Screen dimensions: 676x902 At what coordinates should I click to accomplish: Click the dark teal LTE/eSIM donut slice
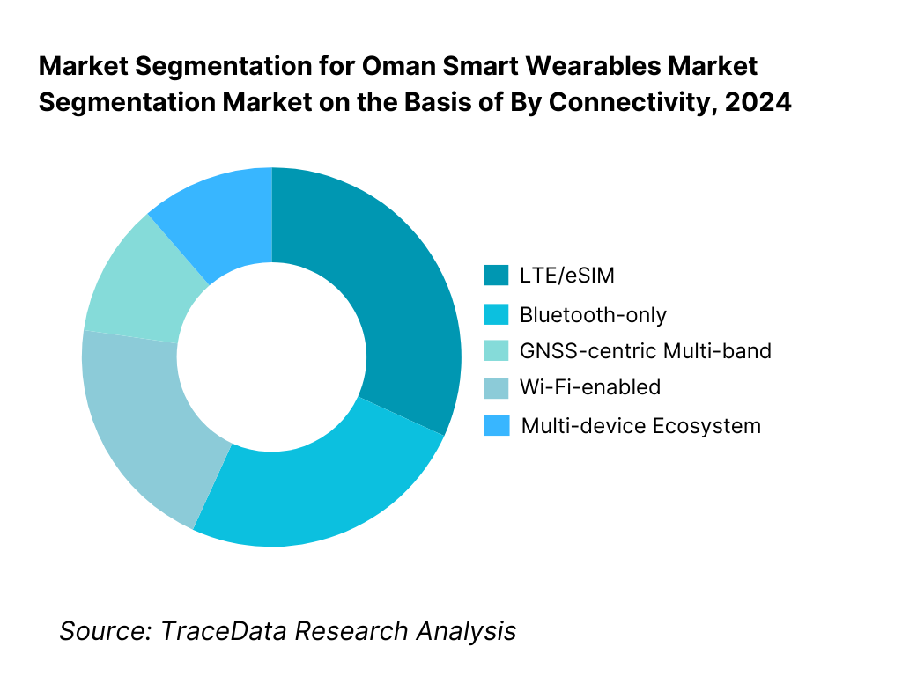pos(396,290)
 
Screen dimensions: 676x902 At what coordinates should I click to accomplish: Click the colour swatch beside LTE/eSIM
pos(496,276)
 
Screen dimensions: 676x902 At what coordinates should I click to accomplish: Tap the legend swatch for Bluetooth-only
pos(496,314)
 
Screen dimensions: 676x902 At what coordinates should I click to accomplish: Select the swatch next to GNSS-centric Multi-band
pos(496,351)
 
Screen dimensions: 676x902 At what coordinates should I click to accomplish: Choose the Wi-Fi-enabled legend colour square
pos(496,387)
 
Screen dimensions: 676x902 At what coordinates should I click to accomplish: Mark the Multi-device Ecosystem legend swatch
pos(496,426)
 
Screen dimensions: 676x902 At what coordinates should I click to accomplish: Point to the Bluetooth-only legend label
pos(593,314)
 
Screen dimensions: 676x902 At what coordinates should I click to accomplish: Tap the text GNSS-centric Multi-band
pos(645,351)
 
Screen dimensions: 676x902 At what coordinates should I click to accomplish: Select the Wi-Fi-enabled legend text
pos(589,387)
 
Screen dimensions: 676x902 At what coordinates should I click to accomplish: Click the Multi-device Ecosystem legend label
pos(640,426)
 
